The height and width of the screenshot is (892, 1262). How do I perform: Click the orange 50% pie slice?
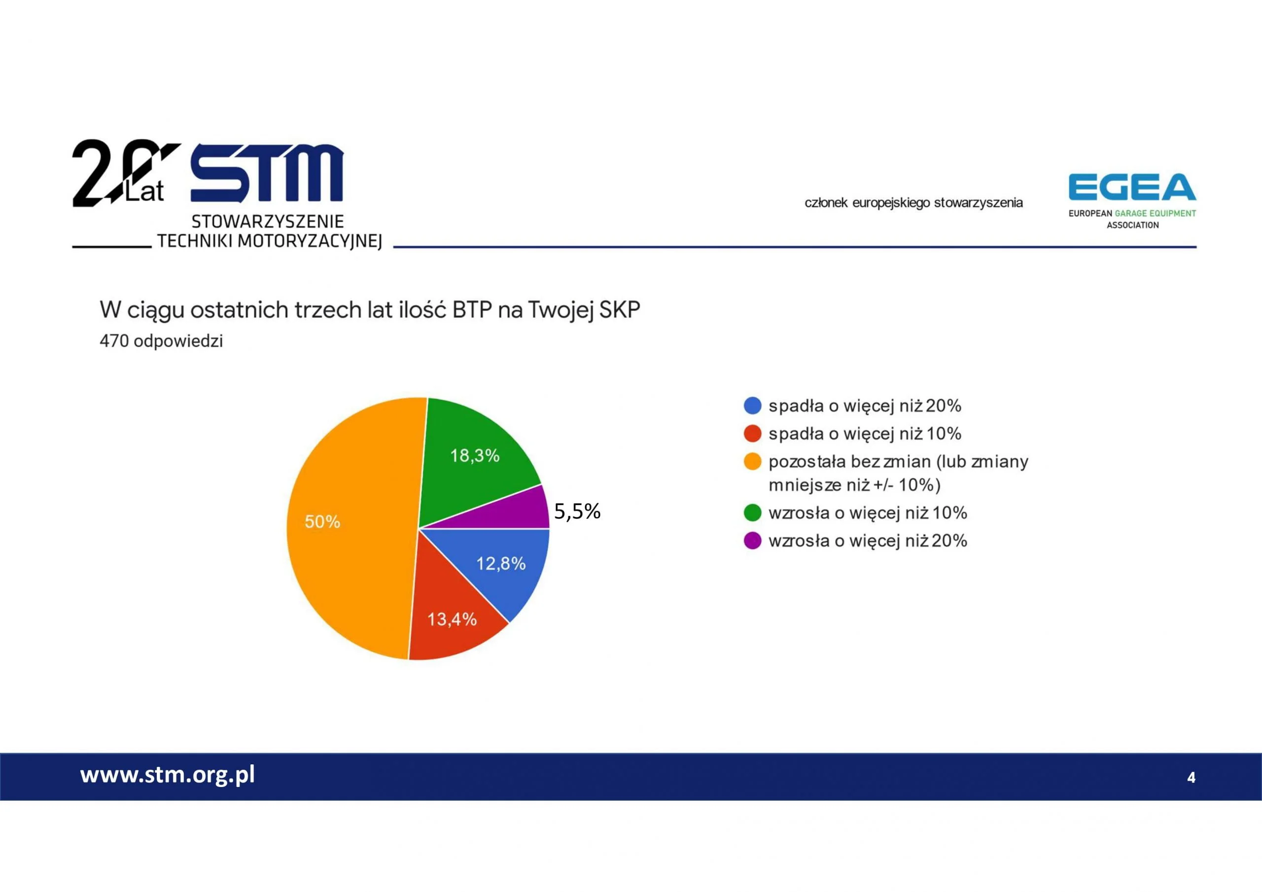(352, 528)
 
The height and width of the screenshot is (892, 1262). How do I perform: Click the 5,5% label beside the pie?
(577, 512)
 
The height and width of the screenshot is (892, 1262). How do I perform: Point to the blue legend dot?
(752, 406)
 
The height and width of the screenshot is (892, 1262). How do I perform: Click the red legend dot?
(752, 434)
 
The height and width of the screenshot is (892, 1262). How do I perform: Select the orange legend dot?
(752, 462)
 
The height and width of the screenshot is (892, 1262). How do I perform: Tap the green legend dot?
(752, 513)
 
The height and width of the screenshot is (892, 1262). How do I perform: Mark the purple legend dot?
(752, 541)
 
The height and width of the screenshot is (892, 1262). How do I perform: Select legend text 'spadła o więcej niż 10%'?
(865, 434)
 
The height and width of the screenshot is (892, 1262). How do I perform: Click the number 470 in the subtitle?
(114, 342)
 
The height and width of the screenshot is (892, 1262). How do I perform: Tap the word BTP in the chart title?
(472, 310)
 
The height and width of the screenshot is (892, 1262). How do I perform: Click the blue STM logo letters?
(267, 173)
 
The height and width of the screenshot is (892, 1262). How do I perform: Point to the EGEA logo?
(1132, 201)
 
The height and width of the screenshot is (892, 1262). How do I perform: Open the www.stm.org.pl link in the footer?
(168, 775)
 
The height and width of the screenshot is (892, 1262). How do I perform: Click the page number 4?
(1191, 778)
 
